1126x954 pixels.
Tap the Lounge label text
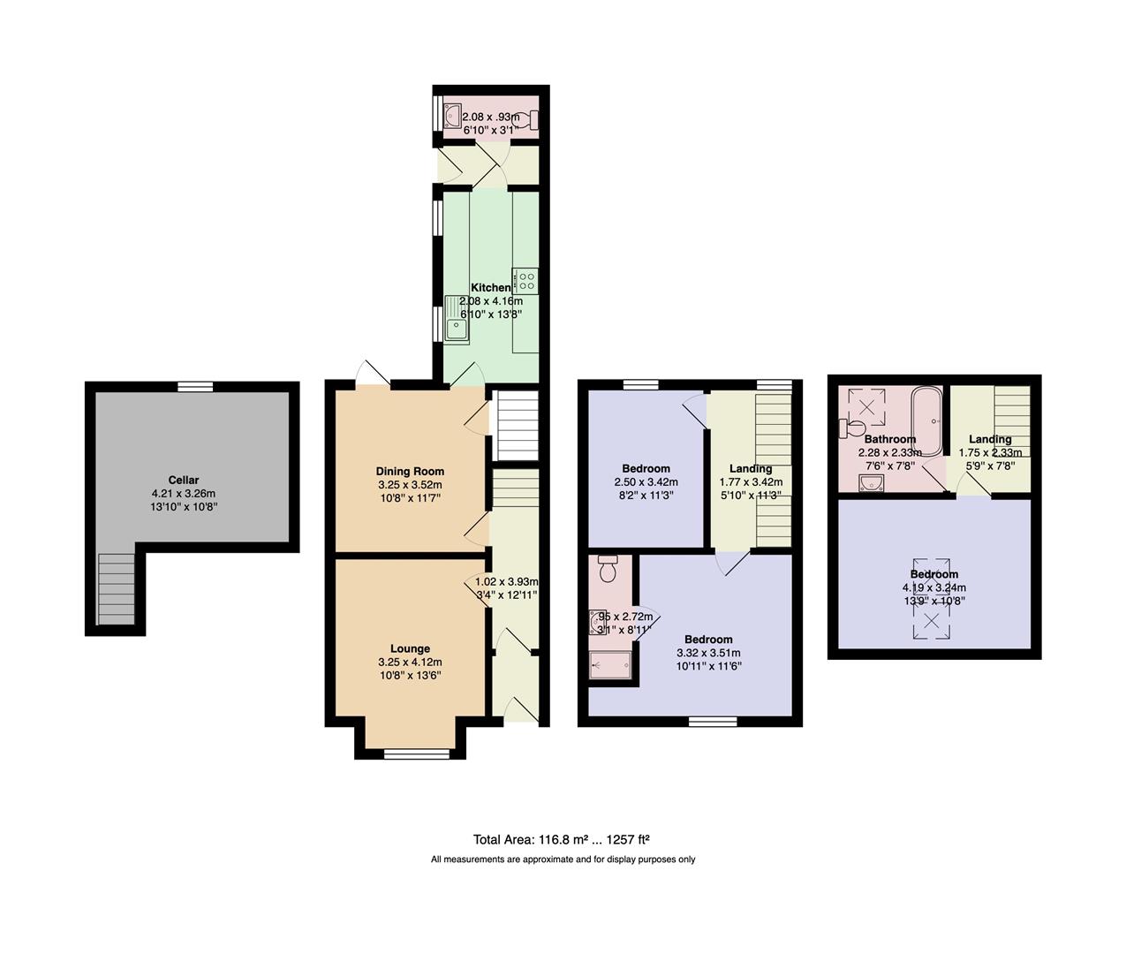tap(410, 648)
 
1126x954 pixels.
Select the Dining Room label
tap(410, 471)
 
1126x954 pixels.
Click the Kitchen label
tap(490, 287)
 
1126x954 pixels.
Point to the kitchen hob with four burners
tap(526, 281)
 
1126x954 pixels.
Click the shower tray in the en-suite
tap(610, 667)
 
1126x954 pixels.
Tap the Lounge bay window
tap(410, 753)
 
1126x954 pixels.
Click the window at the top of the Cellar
tap(194, 386)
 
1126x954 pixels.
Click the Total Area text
tap(562, 840)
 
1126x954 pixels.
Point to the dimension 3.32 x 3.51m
tap(708, 653)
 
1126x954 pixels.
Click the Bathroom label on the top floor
tap(889, 439)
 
